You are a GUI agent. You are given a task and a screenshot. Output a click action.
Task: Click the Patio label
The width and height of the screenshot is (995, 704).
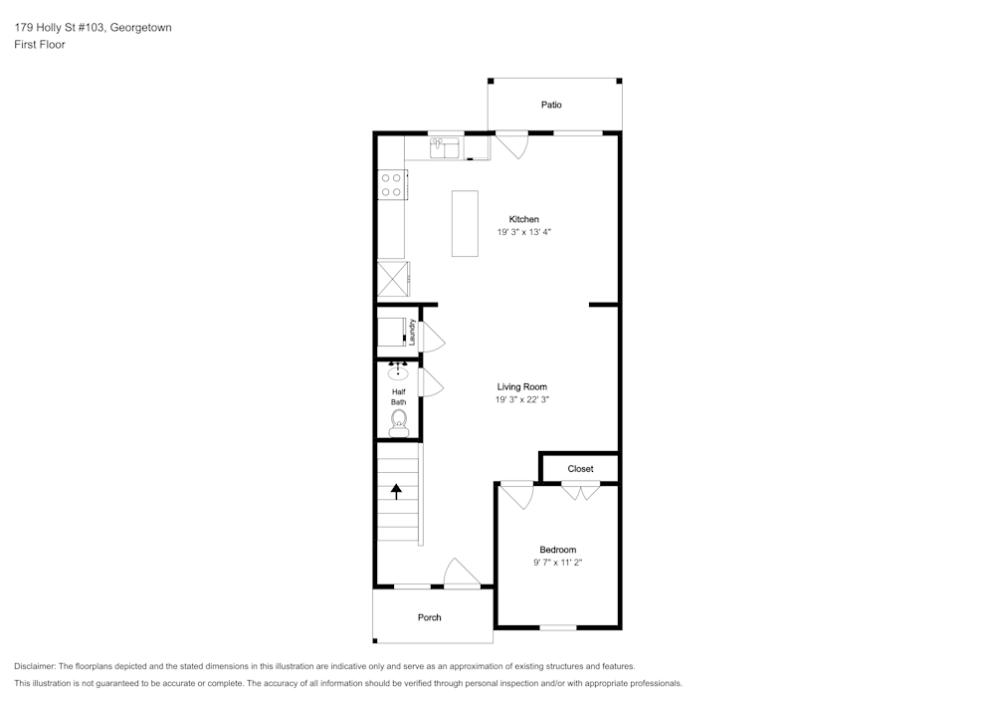pos(551,105)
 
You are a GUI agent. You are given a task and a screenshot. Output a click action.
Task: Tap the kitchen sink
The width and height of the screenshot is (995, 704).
pos(446,148)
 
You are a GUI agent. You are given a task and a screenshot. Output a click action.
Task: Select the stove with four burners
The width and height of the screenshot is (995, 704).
pos(392,185)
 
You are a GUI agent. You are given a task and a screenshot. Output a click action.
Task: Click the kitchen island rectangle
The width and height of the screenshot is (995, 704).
pos(465,223)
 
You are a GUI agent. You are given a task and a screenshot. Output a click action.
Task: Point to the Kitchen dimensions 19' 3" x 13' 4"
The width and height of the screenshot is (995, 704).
pos(523,232)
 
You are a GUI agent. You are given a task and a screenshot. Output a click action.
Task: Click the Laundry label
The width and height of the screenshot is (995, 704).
pos(412,332)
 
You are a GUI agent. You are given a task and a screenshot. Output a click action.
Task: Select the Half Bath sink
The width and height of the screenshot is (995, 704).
pos(398,370)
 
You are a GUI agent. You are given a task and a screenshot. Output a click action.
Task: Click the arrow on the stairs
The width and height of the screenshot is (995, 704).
pos(397,491)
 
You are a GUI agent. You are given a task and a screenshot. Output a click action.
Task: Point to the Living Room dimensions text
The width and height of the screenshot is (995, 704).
pos(522,400)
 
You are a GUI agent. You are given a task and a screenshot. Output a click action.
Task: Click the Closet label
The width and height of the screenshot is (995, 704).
pos(581,469)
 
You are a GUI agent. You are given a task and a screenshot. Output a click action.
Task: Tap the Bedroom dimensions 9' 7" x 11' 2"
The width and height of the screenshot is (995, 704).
pos(558,563)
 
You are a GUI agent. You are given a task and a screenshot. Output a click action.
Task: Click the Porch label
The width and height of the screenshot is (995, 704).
pos(430,617)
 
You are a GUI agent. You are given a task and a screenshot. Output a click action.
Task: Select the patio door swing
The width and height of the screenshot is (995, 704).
pos(512,144)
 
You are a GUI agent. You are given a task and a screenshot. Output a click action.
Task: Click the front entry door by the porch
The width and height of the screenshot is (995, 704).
pos(462,573)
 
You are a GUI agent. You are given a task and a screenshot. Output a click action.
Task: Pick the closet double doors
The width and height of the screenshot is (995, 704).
pos(581,491)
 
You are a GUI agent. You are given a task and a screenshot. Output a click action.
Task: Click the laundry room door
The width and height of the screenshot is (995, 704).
pos(432,337)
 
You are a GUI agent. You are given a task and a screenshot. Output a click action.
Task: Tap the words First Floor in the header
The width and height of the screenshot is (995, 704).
pos(40,45)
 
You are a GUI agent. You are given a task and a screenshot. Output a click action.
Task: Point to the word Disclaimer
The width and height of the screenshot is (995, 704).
pos(34,666)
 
